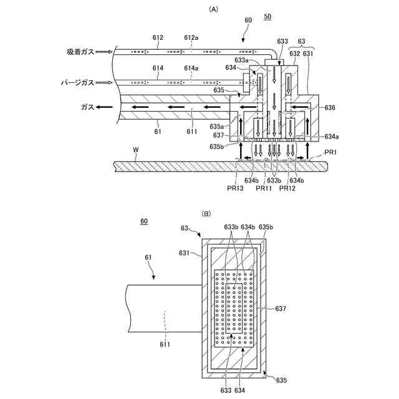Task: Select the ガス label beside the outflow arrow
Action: pos(87,107)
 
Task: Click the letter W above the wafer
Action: pos(137,150)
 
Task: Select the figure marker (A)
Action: pos(214,9)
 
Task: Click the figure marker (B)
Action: pos(206,213)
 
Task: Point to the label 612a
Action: pos(192,38)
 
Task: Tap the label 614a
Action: pos(191,67)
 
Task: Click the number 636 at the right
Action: pos(330,107)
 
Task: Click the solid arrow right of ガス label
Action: pos(106,107)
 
